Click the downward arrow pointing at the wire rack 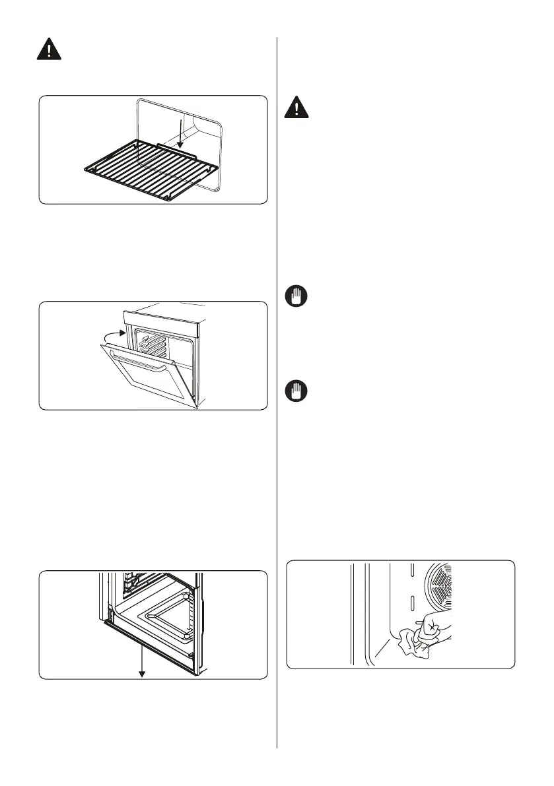pos(180,133)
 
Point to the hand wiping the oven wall pos(436,624)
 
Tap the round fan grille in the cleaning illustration pos(440,585)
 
